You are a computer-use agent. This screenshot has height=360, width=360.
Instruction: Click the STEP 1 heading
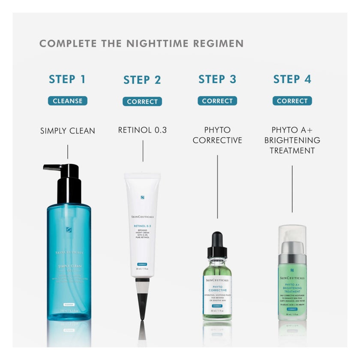67,79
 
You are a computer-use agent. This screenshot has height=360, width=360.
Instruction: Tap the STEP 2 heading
142,80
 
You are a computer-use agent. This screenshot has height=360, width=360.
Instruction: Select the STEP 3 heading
217,79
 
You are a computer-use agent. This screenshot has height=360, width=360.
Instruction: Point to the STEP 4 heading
292,79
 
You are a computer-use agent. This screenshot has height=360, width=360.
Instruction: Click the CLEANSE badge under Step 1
67,101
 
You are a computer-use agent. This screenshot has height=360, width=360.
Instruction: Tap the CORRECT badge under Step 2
142,102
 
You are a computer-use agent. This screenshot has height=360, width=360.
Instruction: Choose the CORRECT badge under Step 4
292,101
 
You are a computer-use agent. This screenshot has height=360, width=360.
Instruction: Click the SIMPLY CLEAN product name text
68,131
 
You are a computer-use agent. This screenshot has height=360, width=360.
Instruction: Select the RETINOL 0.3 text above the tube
143,130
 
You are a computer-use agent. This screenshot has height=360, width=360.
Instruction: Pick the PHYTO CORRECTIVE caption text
217,135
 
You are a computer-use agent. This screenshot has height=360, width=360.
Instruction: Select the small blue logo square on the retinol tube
142,198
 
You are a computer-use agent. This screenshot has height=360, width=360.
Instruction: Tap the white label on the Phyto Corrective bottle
217,294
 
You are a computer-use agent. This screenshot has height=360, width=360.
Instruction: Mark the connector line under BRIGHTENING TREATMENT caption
292,189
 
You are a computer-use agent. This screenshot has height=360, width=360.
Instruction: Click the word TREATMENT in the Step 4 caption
292,150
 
